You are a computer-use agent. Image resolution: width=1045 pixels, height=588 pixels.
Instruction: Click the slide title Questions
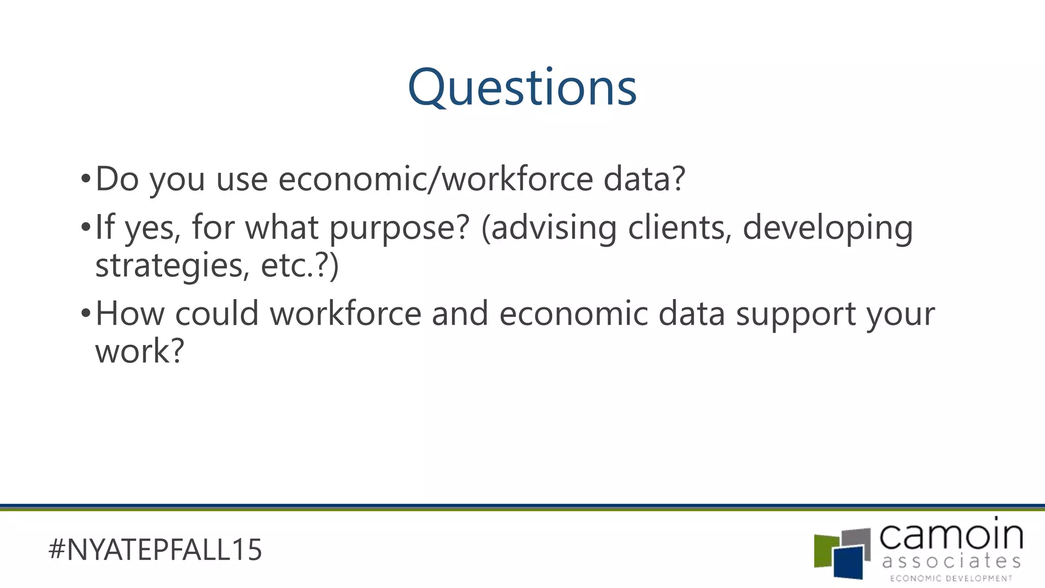(522, 88)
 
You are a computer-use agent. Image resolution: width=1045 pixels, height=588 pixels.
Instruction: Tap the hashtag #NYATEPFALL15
(155, 550)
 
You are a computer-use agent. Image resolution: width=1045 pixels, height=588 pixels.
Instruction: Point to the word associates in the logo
(951, 561)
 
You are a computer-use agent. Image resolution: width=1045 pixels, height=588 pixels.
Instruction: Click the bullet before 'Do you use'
(85, 179)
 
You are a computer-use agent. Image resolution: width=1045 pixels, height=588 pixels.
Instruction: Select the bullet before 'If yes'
(85, 227)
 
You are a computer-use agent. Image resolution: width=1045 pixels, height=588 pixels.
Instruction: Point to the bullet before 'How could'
(85, 313)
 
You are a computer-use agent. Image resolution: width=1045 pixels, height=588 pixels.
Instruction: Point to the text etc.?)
(300, 266)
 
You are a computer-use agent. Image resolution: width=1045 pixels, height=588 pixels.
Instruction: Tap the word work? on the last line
(139, 351)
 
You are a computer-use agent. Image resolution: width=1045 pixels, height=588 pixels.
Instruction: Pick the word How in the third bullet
(130, 313)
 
